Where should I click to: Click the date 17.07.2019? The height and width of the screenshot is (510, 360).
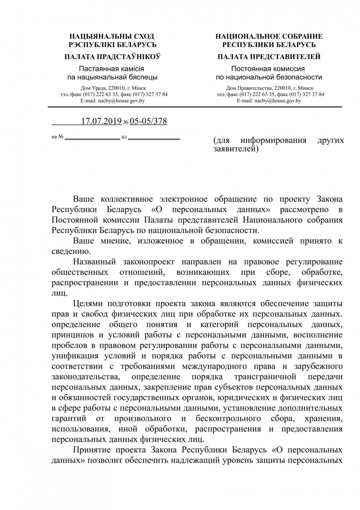coord(101,122)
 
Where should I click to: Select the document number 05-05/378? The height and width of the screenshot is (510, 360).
coord(148,122)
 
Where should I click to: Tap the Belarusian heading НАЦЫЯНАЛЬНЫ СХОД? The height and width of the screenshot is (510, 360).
coord(112,36)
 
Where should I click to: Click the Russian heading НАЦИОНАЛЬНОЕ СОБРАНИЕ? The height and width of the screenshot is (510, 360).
coord(269,36)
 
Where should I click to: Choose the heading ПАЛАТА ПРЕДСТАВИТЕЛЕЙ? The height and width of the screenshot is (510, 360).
coord(269,57)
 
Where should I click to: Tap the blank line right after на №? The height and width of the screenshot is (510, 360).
coord(92,137)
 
